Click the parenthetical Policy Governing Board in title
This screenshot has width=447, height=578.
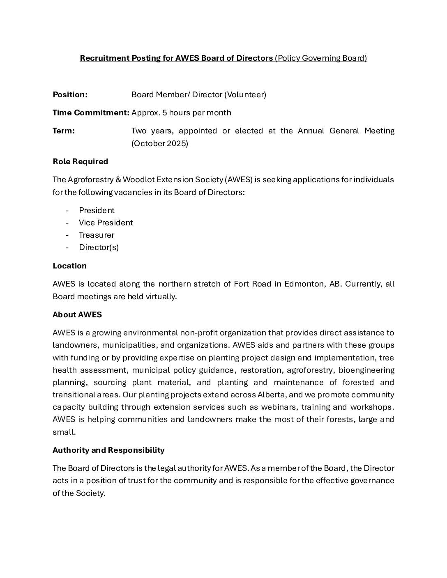tap(321, 58)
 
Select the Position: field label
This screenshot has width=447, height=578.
tap(70, 95)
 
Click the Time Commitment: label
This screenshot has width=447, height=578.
tap(91, 113)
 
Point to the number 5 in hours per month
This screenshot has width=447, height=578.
tap(164, 113)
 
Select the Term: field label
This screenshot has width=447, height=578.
tap(64, 131)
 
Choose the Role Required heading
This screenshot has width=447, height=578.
tap(81, 162)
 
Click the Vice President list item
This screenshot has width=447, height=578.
tap(106, 223)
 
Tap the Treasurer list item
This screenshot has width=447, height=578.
tap(97, 235)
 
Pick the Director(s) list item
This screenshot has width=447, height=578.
tap(99, 248)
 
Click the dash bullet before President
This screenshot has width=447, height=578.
tap(67, 211)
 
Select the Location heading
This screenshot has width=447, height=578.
tap(70, 266)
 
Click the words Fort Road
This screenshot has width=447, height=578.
tap(253, 284)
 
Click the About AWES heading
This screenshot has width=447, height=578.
tap(77, 315)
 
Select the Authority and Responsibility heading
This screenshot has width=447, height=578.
tap(108, 450)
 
